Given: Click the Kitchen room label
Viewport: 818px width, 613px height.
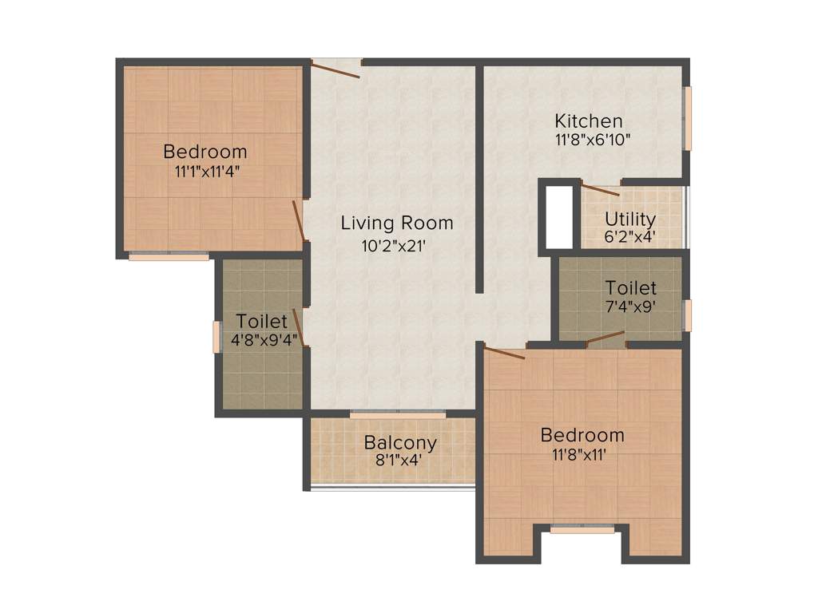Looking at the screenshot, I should pyautogui.click(x=589, y=121).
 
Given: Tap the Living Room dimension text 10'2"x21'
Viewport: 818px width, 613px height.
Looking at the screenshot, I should pyautogui.click(x=396, y=247).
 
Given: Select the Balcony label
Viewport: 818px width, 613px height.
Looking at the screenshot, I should pyautogui.click(x=400, y=443).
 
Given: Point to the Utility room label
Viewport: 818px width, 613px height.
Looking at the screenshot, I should pyautogui.click(x=630, y=219).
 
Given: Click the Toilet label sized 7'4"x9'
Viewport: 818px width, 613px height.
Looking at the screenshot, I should pyautogui.click(x=630, y=288).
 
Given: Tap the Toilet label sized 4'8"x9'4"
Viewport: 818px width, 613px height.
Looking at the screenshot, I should pyautogui.click(x=261, y=322).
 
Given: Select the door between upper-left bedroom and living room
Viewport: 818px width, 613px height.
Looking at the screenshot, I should pyautogui.click(x=299, y=220).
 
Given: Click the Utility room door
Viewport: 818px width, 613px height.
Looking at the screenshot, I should pyautogui.click(x=599, y=190).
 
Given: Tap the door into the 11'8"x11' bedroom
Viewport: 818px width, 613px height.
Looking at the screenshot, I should pyautogui.click(x=505, y=352).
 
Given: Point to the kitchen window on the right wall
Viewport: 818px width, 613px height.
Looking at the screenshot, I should pyautogui.click(x=687, y=118).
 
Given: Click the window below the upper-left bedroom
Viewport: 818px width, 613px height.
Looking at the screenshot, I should pyautogui.click(x=169, y=257).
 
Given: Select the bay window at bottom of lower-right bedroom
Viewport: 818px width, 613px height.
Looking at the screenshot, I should pyautogui.click(x=582, y=528).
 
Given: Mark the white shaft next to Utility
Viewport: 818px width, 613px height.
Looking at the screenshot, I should pyautogui.click(x=559, y=216).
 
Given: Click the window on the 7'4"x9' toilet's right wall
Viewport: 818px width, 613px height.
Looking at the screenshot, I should pyautogui.click(x=687, y=314).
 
